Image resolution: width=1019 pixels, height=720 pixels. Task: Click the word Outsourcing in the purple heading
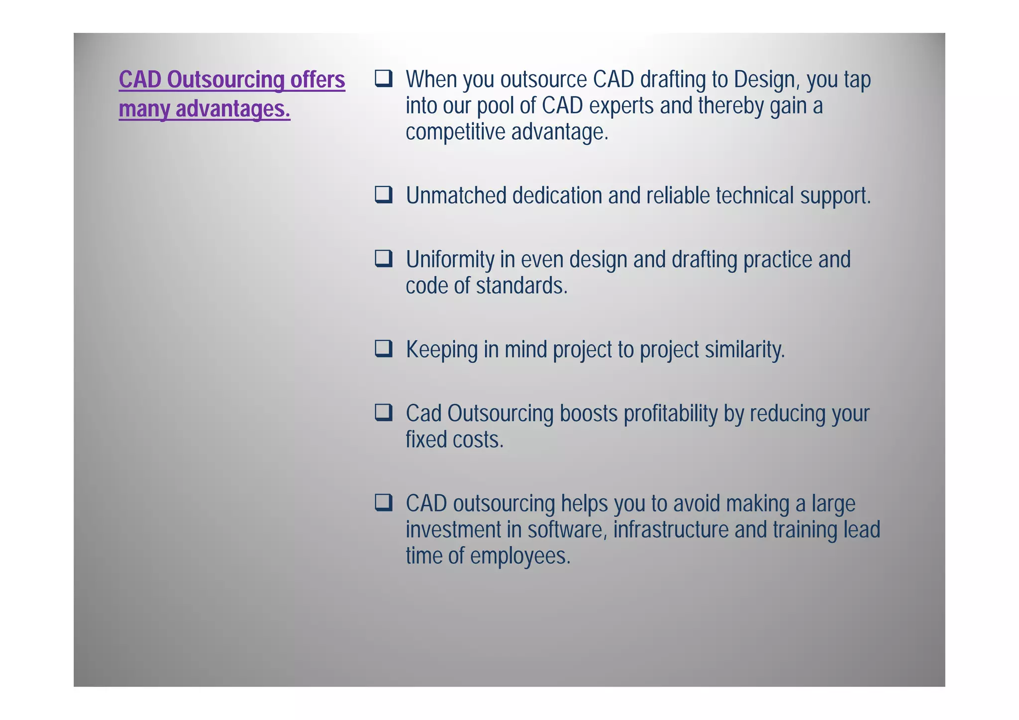[x=225, y=80]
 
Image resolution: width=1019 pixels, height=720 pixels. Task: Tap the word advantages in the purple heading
[x=232, y=109]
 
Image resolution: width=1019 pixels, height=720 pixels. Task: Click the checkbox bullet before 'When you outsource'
[x=384, y=79]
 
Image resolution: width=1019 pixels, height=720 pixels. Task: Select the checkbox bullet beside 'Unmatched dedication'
[x=384, y=195]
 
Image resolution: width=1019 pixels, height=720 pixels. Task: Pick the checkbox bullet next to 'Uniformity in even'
[x=384, y=259]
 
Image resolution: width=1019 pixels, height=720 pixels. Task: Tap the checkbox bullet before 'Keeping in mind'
[x=384, y=349]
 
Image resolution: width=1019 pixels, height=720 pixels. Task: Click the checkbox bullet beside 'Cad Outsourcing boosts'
[x=384, y=412]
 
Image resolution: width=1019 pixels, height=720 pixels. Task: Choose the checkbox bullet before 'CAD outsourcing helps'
[x=384, y=503]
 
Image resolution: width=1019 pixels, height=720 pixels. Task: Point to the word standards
[x=521, y=286]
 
